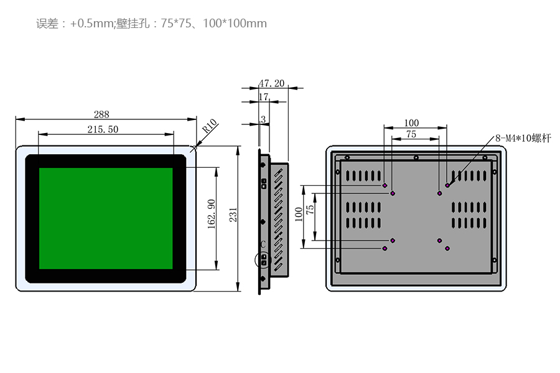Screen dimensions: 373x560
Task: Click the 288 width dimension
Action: coord(101,114)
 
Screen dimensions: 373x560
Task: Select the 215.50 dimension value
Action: coord(103,129)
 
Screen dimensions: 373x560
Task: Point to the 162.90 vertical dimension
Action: coord(211,214)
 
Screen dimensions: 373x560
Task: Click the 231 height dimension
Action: coord(233,215)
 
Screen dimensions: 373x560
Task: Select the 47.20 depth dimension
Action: coord(271,83)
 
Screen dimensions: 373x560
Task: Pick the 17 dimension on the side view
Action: coord(263,96)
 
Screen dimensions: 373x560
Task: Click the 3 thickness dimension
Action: coord(263,118)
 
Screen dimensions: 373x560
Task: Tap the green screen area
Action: coord(106,218)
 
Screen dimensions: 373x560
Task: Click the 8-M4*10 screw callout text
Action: coord(523,138)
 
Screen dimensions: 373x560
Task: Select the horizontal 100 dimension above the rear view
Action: coord(411,123)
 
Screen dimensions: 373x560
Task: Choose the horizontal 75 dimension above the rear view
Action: coord(411,134)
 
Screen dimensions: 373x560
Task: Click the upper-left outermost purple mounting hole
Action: coord(385,185)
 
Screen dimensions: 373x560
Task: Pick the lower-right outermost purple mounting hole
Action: coord(447,249)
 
